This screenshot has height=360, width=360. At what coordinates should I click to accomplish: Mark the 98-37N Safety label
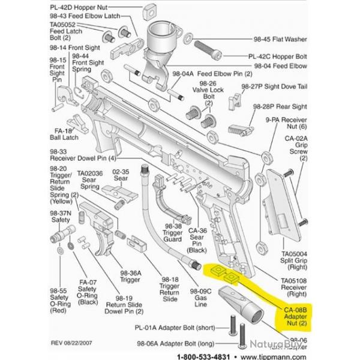(59, 217)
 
